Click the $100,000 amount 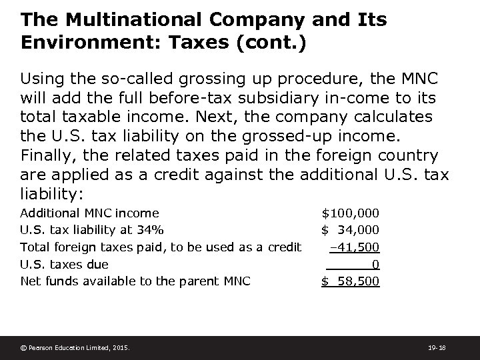[x=351, y=213]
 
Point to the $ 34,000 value [x=351, y=230]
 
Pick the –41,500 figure [x=355, y=247]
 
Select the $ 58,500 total [x=351, y=281]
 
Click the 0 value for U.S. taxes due [x=376, y=264]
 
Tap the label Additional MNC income [x=90, y=213]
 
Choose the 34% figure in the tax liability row [x=151, y=230]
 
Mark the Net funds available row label [x=135, y=281]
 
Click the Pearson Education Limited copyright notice [x=75, y=347]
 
